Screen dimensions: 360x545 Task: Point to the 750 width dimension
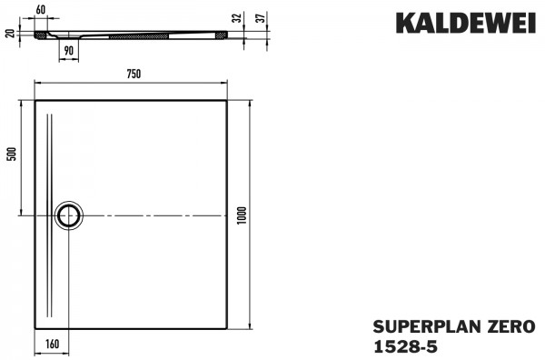(x=131, y=74)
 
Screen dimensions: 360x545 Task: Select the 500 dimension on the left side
(x=12, y=154)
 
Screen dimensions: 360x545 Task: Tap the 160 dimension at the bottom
(x=52, y=345)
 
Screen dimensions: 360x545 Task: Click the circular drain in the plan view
(x=68, y=215)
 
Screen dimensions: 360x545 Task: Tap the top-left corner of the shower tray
(x=35, y=100)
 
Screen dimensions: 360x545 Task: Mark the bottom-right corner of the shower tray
(x=226, y=328)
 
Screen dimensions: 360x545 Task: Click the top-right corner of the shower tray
(x=226, y=100)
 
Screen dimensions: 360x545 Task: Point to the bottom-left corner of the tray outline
(x=35, y=328)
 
